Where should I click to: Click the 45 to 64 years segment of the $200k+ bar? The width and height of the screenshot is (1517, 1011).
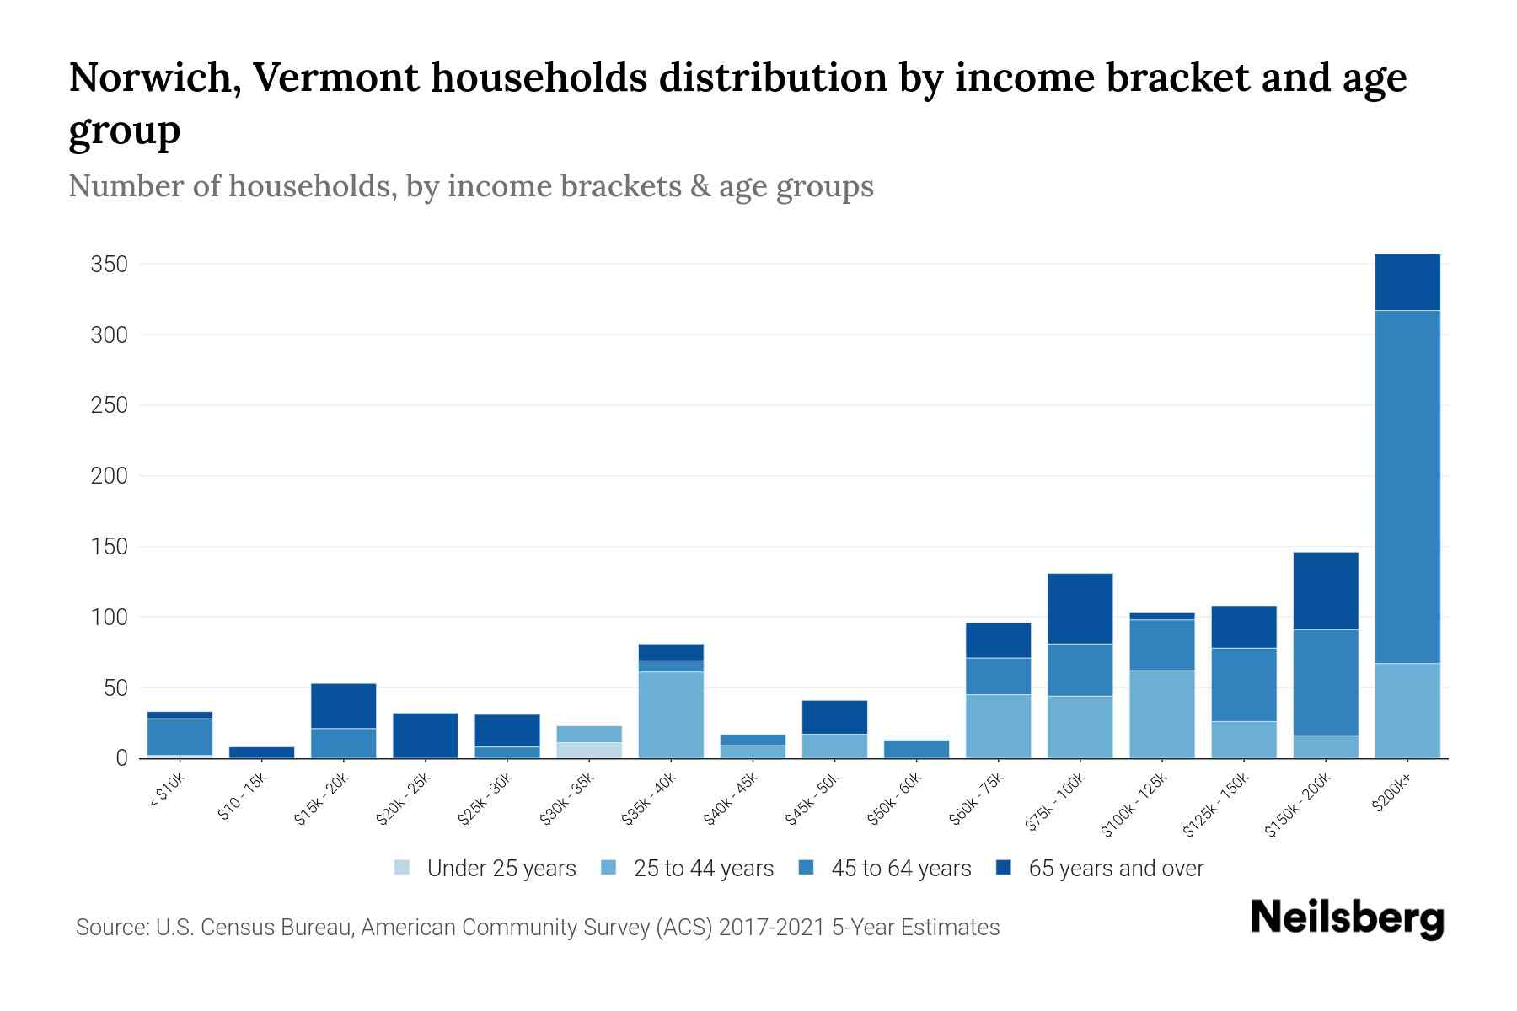(x=1407, y=487)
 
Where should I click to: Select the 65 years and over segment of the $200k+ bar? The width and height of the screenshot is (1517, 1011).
(x=1407, y=282)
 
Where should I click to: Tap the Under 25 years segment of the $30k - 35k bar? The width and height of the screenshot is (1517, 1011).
(x=589, y=750)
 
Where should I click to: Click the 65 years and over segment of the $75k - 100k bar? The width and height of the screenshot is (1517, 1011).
(x=1080, y=608)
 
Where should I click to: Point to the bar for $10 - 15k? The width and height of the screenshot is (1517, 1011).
(x=261, y=752)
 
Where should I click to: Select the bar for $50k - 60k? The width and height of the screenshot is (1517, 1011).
(x=916, y=749)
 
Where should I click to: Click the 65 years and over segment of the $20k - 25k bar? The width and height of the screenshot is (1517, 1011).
(x=426, y=736)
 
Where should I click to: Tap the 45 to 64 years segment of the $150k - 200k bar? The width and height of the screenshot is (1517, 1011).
(x=1326, y=682)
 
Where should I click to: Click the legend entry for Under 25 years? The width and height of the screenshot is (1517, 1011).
(x=485, y=869)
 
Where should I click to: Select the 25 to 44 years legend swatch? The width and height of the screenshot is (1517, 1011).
(x=608, y=868)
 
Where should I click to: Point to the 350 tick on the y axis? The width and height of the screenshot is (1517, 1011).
(x=110, y=265)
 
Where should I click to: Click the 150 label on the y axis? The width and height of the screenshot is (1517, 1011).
(x=110, y=547)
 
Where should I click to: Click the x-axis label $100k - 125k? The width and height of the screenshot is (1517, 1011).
(x=1134, y=805)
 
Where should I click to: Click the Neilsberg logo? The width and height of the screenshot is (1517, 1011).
(x=1347, y=918)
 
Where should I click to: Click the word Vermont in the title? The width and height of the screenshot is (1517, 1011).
(x=336, y=78)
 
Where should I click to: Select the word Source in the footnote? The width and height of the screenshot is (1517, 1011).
(x=111, y=928)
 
